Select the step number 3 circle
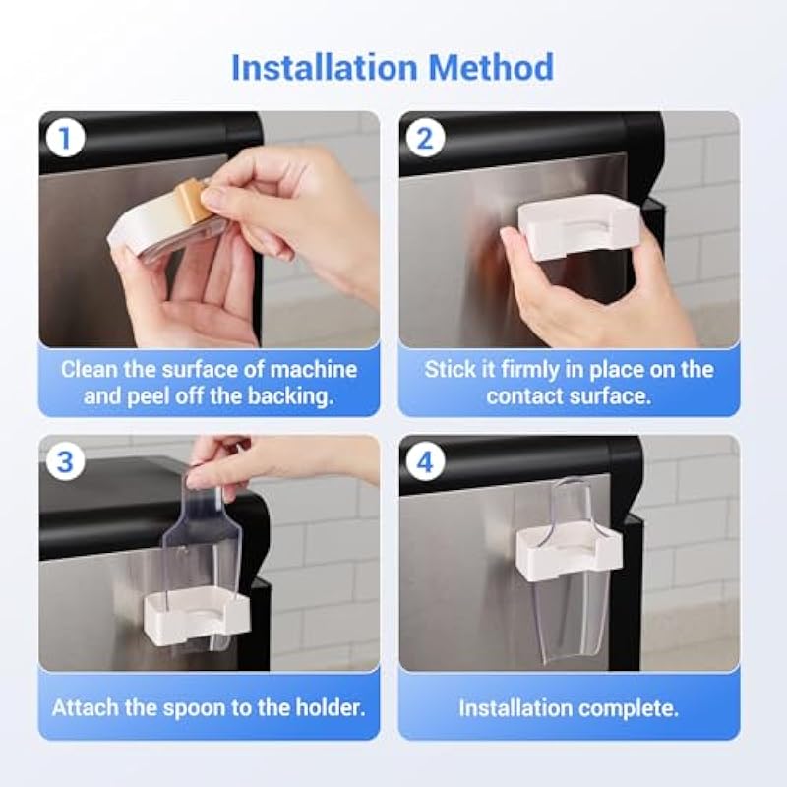pos(65,460)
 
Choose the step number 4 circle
pos(425,460)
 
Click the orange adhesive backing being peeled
pos(192,203)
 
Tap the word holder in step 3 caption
pos(330,707)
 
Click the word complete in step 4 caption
pos(629,708)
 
